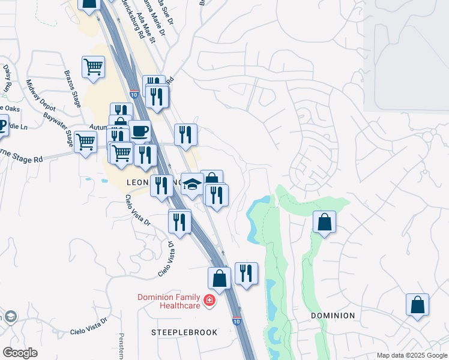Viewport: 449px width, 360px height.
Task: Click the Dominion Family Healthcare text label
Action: pos(169,301)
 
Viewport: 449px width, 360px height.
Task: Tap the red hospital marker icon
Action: pos(209,300)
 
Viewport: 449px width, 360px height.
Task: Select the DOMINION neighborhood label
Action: pos(333,315)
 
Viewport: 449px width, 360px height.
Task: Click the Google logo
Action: pos(20,353)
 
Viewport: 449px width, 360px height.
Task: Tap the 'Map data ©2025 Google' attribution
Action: pos(411,355)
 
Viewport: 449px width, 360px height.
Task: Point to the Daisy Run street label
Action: pos(8,78)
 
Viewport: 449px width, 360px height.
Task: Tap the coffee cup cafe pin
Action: pos(139,130)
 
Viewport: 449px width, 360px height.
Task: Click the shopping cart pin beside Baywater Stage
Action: pos(86,143)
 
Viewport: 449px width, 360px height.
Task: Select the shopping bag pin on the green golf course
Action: pos(324,223)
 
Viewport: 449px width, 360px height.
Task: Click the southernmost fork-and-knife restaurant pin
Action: pos(246,274)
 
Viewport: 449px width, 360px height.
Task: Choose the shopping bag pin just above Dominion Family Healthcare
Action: pos(219,278)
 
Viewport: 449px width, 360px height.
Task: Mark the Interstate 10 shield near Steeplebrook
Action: pos(237,322)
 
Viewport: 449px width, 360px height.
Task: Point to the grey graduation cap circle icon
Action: pos(10,317)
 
